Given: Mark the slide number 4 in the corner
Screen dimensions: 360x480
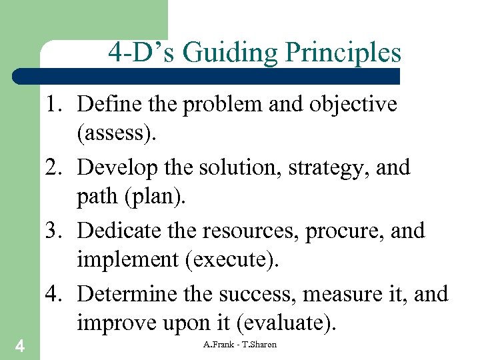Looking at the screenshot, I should (20, 346).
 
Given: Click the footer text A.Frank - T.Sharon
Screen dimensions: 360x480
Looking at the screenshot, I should (240, 345).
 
